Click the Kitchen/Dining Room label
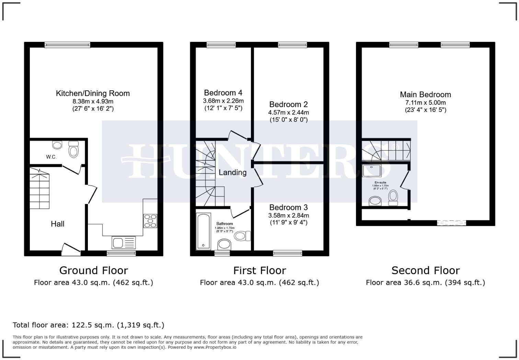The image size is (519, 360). [x=93, y=93]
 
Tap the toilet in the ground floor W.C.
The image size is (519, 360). [x=73, y=149]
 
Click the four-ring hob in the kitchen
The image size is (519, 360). [x=150, y=221]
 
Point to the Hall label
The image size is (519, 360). [x=58, y=224]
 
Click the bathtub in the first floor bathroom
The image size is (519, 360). [x=203, y=231]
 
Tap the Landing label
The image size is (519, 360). [x=232, y=172]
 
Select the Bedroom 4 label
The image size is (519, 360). [x=223, y=93]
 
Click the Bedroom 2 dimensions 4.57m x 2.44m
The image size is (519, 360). [x=288, y=112]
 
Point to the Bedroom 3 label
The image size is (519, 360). [x=288, y=207]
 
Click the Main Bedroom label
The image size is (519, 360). [x=425, y=95]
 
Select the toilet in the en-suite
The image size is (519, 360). [x=393, y=198]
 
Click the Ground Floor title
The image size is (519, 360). [x=93, y=270]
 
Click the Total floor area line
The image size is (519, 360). [x=89, y=325]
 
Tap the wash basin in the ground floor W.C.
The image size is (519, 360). [x=57, y=145]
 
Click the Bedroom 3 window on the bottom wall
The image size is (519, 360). [x=288, y=253]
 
